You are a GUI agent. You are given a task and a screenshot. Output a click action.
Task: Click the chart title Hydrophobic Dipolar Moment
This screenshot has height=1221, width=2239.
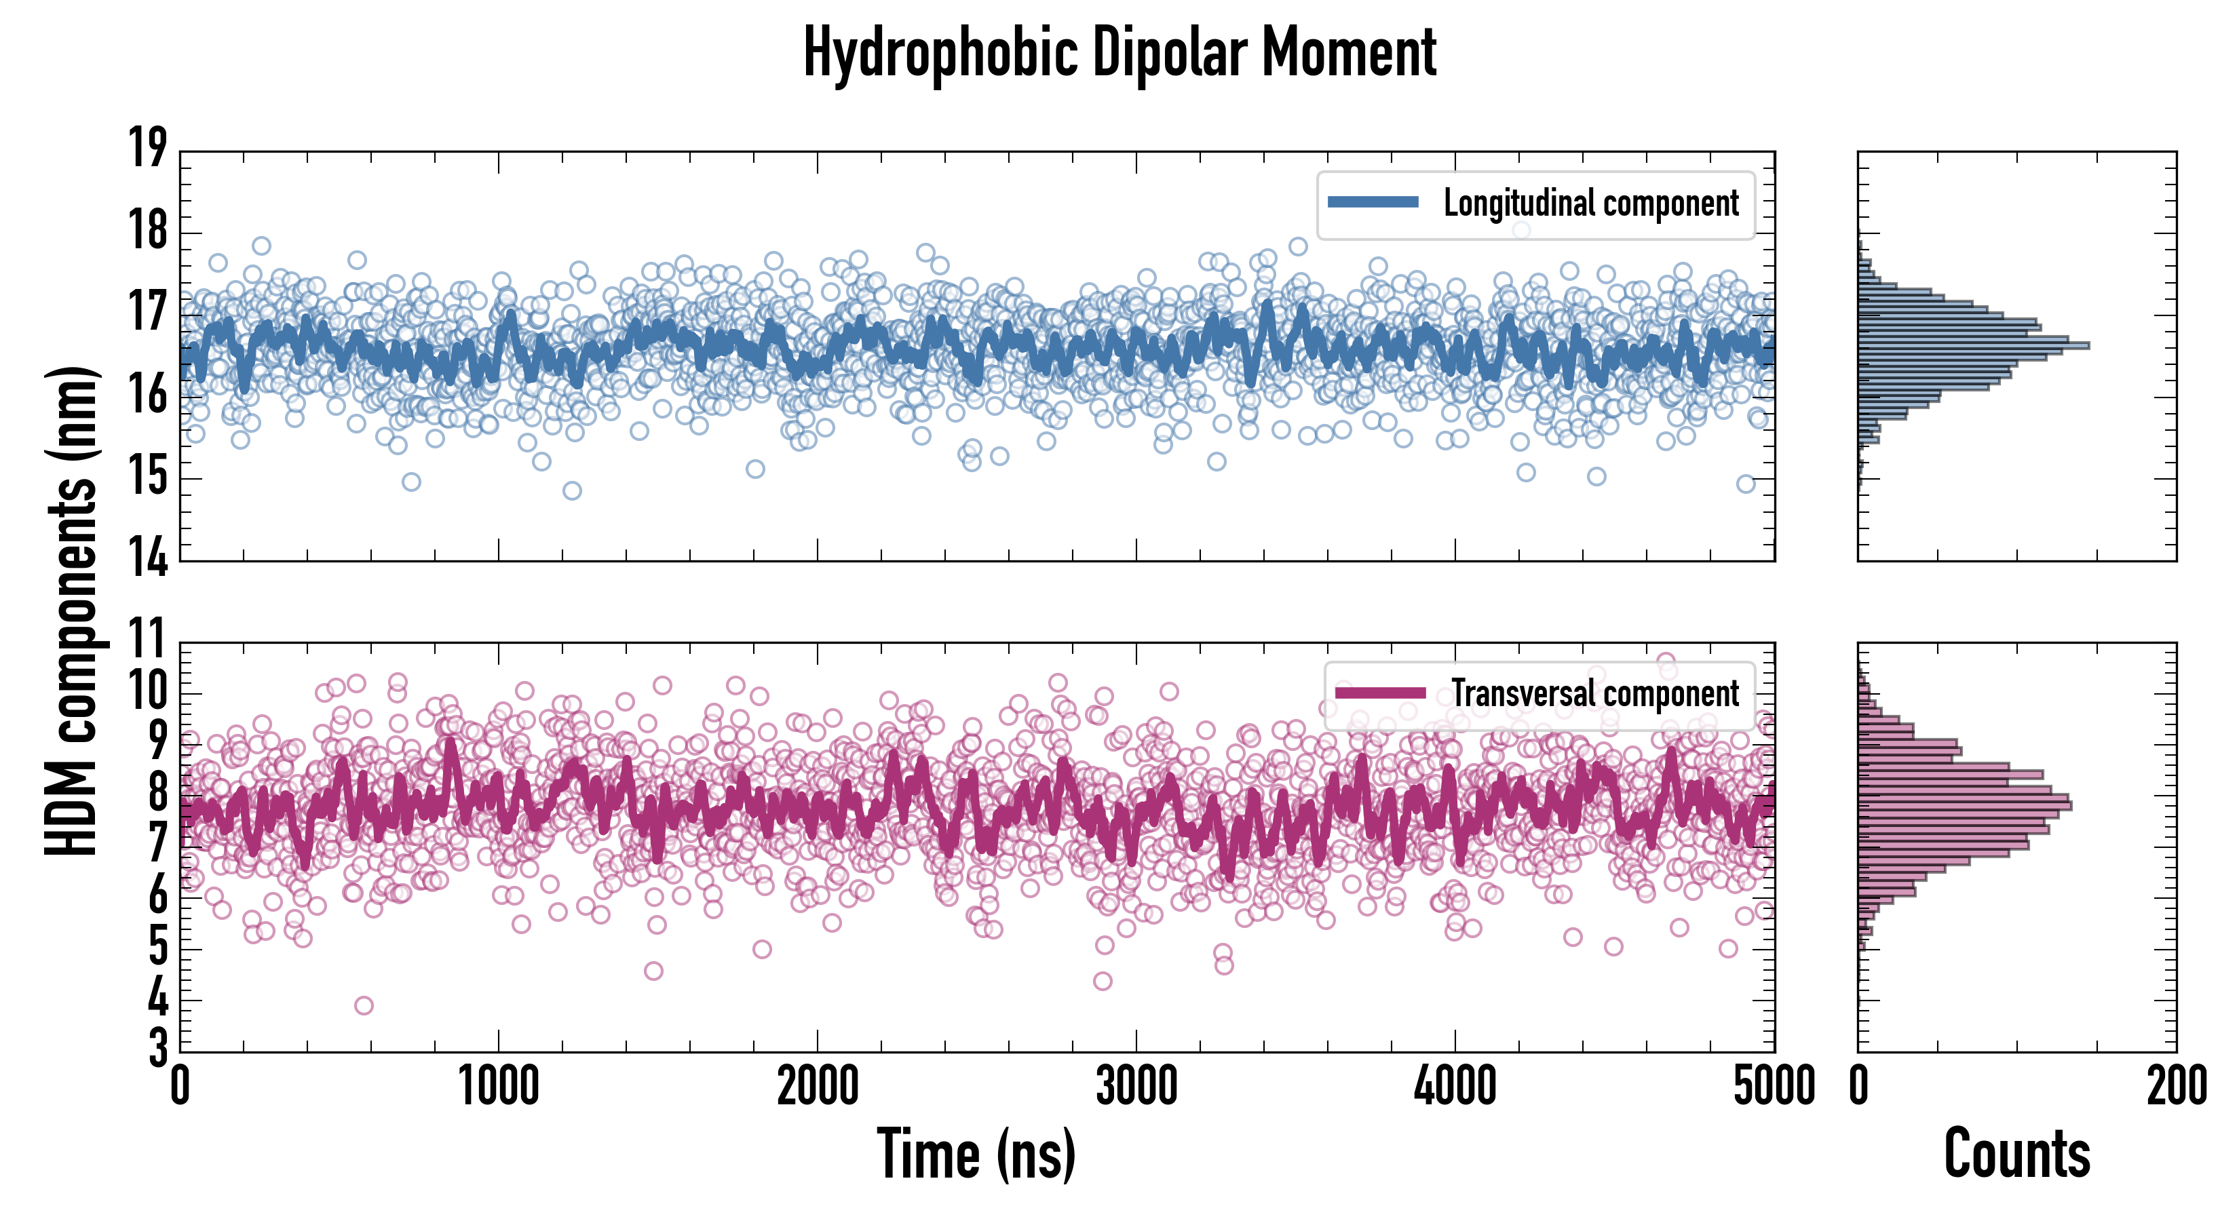coord(1119,54)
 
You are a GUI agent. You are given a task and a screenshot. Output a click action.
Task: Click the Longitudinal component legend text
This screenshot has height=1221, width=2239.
coord(1590,203)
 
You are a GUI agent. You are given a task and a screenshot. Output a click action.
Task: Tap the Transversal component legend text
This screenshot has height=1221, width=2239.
coord(1595,693)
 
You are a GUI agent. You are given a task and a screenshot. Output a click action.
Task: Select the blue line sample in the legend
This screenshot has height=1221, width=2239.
coord(1373,203)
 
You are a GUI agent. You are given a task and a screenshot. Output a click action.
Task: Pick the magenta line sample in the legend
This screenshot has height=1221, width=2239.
coord(1379,693)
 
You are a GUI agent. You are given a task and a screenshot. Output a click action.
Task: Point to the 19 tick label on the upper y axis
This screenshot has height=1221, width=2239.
coord(148,148)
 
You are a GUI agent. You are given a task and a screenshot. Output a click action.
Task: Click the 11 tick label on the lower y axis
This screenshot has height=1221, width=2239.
coord(148,641)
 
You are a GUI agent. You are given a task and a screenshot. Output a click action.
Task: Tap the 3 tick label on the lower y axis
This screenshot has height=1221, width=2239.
coord(158,1048)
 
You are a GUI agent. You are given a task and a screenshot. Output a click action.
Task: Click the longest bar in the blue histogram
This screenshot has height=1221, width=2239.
coord(1973,346)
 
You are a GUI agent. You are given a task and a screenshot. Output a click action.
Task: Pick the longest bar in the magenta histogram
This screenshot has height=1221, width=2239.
coord(1964,806)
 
